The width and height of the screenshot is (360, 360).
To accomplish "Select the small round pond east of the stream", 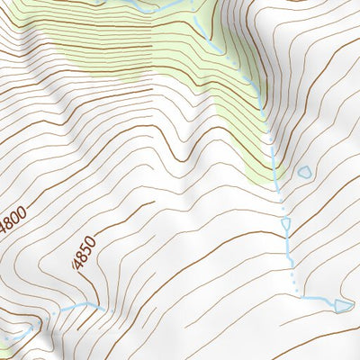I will click(305, 170).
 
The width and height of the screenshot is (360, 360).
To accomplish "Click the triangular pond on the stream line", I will click(286, 222).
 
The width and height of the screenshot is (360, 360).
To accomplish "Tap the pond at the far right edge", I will click(344, 305).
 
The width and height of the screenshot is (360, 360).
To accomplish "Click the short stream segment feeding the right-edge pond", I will click(319, 299).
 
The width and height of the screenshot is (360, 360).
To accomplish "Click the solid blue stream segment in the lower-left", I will click(76, 306).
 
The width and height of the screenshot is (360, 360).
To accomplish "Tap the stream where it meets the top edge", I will click(192, 3).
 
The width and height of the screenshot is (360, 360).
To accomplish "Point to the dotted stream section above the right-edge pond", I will click(292, 270).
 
